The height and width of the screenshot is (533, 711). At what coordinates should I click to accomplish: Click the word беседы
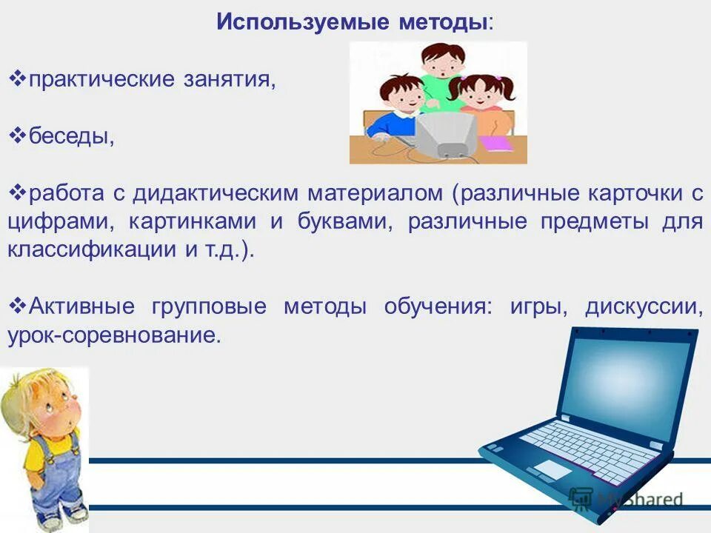point(70,136)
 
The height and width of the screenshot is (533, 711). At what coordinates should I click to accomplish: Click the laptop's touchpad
point(553,468)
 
